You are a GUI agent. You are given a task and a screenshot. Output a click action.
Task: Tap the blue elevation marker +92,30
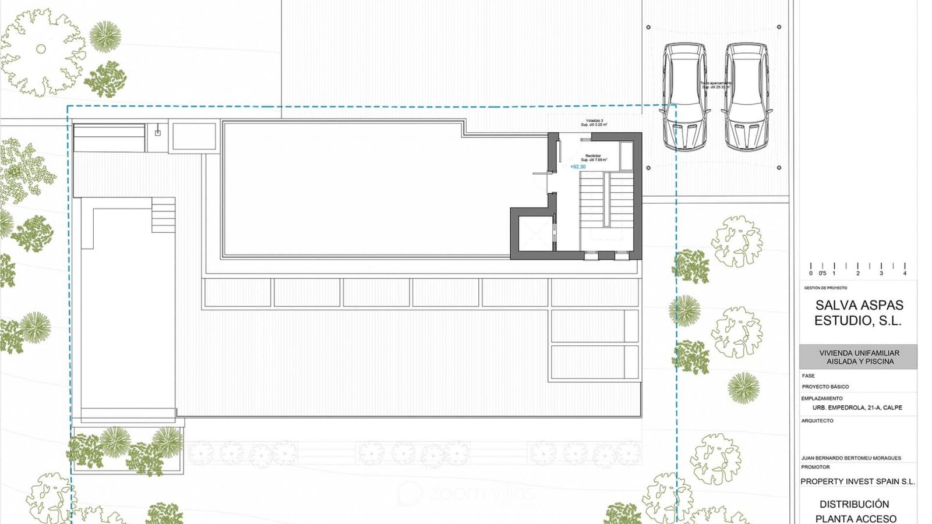[x=578, y=167]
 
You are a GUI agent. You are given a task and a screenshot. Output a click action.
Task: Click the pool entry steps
[x=163, y=215]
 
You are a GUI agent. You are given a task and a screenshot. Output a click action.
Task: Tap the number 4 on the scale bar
[x=905, y=273]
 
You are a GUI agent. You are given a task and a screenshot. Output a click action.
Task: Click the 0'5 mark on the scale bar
[x=822, y=273]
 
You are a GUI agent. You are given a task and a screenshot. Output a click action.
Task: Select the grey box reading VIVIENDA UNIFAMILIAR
[x=859, y=357]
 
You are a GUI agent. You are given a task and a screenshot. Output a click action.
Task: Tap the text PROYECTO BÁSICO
[x=825, y=387]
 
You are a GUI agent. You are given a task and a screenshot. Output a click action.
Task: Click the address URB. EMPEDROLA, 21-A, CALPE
[x=857, y=408]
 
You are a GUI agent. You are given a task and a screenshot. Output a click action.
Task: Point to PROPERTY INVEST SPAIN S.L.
[x=857, y=481]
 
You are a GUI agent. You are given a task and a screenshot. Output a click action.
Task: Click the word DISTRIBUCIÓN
[x=854, y=504]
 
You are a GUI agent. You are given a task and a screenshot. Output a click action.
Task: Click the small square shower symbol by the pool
[x=157, y=133]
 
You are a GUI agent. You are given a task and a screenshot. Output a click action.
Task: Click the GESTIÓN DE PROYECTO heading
[x=825, y=288]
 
